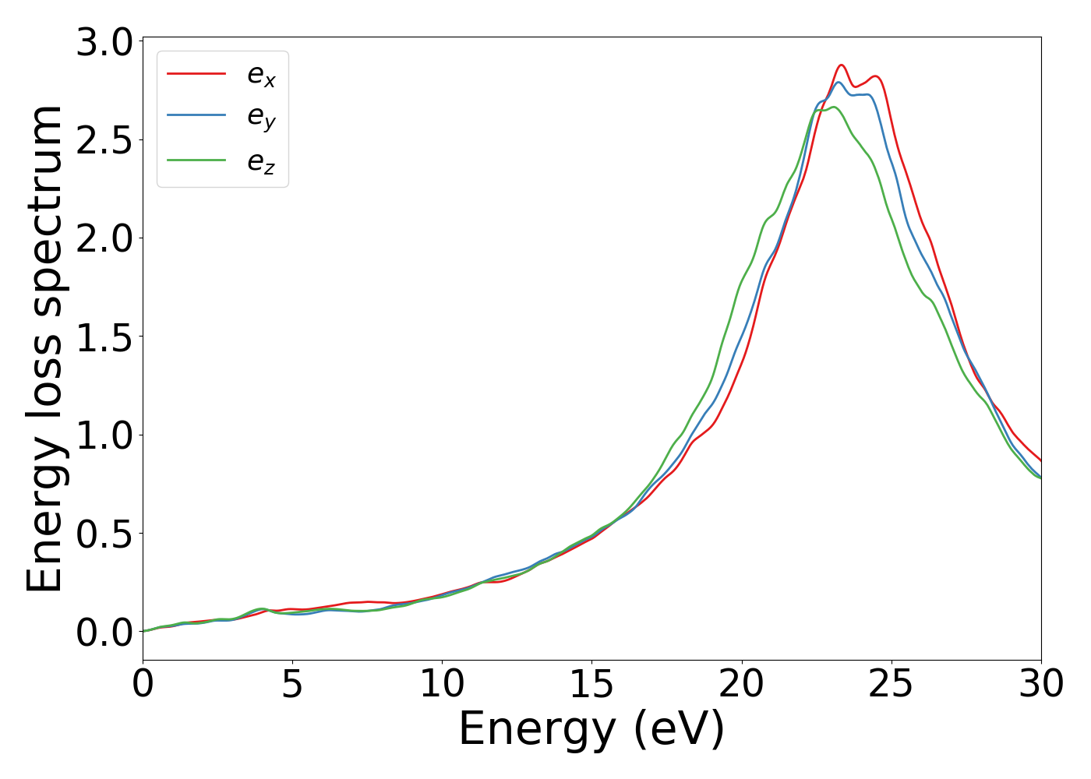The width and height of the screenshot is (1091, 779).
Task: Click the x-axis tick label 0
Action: point(143,685)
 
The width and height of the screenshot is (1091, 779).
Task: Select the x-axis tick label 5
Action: point(292,685)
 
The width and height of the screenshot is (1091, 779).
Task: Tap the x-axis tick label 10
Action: point(442,685)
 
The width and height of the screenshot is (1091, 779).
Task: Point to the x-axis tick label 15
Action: point(591,685)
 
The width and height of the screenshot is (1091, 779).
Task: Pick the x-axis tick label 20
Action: point(741,685)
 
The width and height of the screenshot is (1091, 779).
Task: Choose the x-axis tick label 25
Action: point(891,685)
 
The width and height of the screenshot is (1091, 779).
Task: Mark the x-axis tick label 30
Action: point(1041,685)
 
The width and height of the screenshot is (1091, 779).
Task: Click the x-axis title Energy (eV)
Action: point(591,730)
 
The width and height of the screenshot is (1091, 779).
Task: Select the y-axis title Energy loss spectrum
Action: point(44,349)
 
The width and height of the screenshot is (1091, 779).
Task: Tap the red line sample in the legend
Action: point(196,73)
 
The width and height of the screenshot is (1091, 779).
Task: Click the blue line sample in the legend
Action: point(196,116)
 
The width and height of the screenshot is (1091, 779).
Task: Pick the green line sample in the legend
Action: point(196,160)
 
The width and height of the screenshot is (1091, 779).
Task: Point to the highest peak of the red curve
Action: point(842,65)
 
